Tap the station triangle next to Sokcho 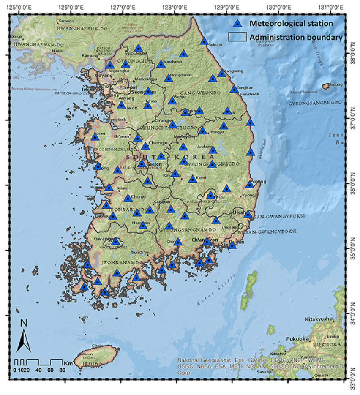[x=204, y=41]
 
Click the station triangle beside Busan [x=232, y=245]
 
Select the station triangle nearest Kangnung [x=221, y=74]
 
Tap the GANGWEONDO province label [x=201, y=92]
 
